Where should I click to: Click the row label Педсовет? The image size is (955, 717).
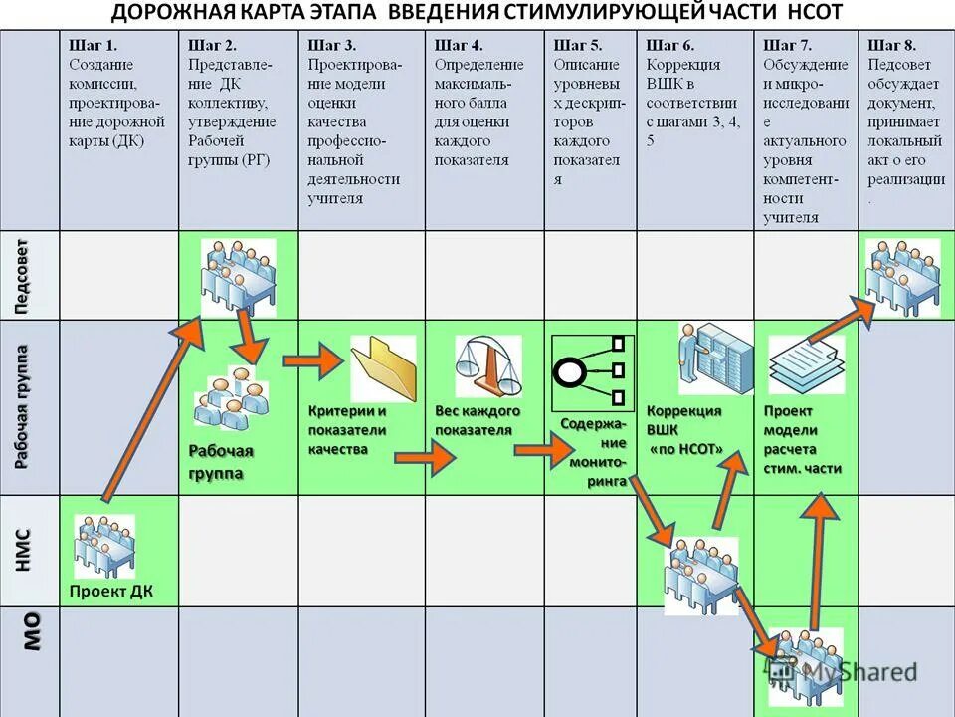tap(29, 276)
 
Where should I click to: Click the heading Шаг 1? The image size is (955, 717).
tap(93, 45)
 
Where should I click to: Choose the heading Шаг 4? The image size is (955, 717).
tap(459, 45)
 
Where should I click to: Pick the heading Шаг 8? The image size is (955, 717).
tap(891, 45)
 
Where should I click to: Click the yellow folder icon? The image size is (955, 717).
tap(383, 367)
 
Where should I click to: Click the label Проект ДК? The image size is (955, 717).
tap(111, 592)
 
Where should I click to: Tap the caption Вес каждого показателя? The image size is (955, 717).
tap(477, 420)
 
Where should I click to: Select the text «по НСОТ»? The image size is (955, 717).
tap(686, 449)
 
